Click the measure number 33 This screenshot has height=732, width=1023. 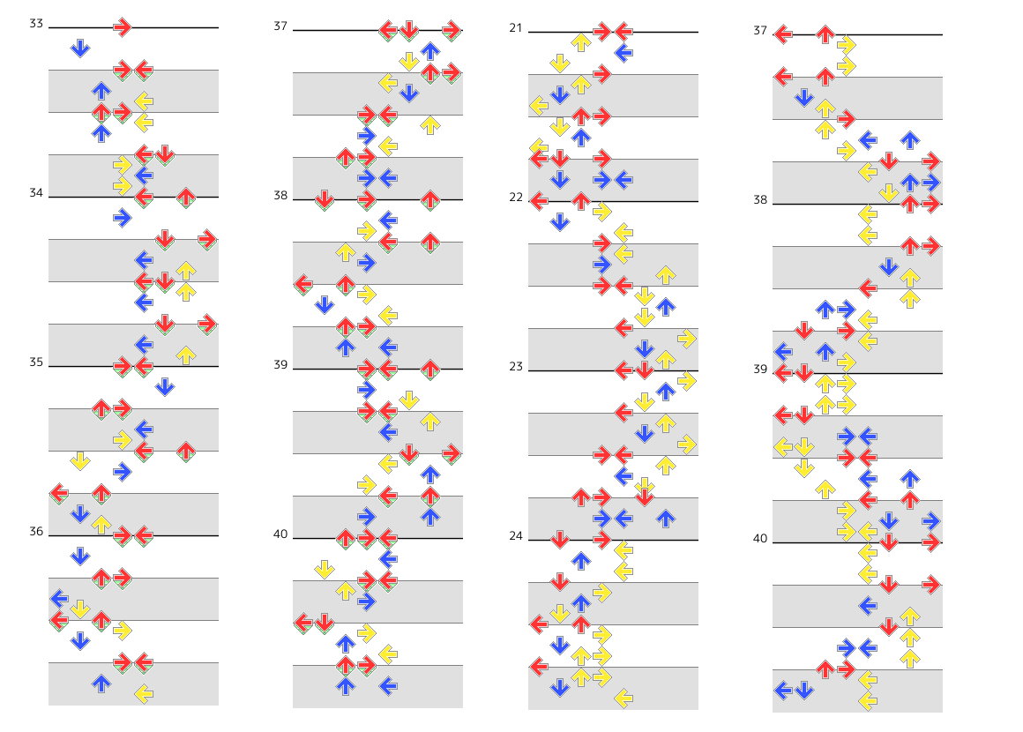coord(36,24)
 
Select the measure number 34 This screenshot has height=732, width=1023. coord(36,192)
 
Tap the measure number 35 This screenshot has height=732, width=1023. coord(36,362)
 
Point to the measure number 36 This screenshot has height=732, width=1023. coord(36,531)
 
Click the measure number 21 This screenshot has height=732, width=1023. coord(516,27)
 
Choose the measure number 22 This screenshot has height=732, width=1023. coord(516,197)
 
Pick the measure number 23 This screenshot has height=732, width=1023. coord(516,366)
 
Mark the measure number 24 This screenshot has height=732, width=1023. coord(516,535)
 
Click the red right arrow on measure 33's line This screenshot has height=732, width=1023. coord(122,27)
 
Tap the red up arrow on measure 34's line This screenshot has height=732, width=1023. coord(186,197)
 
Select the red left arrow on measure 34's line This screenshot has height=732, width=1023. coord(144,197)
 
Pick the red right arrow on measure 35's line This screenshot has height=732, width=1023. coord(122,366)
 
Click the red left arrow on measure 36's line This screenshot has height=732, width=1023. coord(144,535)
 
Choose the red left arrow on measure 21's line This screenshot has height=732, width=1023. coord(624,32)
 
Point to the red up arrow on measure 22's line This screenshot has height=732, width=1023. coord(581,201)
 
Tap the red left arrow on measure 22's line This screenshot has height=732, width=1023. coord(539,201)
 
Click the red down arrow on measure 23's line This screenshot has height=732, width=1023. coord(645,370)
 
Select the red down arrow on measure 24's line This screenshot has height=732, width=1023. coord(560,540)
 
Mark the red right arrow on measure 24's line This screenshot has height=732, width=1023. coord(602,540)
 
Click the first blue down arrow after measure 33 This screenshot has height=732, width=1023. coord(79,49)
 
